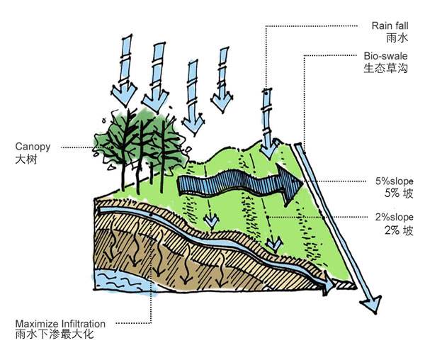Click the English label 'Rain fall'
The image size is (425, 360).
point(390,26)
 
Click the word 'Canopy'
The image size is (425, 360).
point(33,147)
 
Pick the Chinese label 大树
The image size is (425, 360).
point(25,160)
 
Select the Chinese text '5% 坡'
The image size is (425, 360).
point(398,193)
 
